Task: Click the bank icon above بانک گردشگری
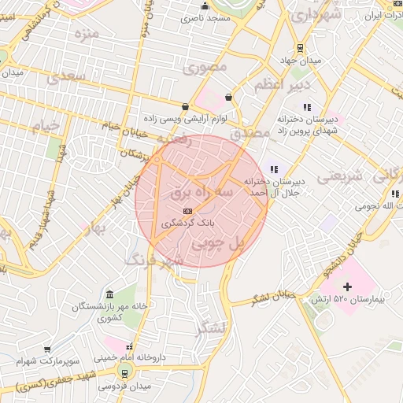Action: [x=187, y=211]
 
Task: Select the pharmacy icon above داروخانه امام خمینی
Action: [x=130, y=345]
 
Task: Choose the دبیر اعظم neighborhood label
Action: [x=283, y=84]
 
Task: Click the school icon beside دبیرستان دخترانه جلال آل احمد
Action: [x=274, y=168]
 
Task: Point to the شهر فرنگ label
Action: [x=154, y=259]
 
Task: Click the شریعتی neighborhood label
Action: [x=342, y=176]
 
